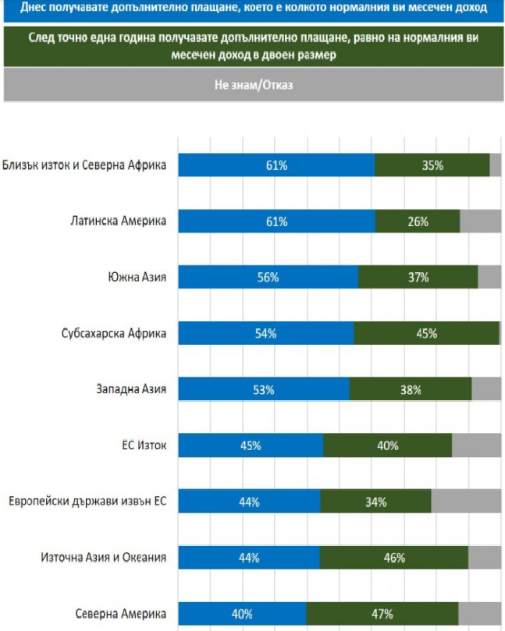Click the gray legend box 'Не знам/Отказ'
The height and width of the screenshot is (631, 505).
click(253, 85)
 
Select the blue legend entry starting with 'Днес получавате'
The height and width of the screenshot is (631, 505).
click(253, 9)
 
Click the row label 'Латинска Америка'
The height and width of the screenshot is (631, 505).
click(116, 221)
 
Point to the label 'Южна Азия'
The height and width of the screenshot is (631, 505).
click(137, 277)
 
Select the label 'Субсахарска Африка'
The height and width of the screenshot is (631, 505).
click(114, 333)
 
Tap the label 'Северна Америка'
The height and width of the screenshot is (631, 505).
click(121, 613)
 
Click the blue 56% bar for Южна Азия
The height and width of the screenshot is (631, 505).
click(269, 278)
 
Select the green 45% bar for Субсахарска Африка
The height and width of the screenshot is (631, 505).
click(426, 334)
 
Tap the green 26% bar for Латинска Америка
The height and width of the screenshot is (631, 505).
click(418, 222)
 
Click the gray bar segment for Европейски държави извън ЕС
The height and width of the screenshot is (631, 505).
click(466, 502)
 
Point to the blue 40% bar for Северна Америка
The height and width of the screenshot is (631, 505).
click(243, 614)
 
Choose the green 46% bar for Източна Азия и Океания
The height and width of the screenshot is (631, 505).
click(393, 558)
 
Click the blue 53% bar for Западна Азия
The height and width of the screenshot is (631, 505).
click(264, 390)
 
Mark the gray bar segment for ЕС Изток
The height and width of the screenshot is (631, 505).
click(476, 445)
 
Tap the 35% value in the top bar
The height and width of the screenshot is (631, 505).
click(432, 165)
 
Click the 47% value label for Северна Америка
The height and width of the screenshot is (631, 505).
click(382, 614)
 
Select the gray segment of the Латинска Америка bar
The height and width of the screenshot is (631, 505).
click(480, 222)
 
